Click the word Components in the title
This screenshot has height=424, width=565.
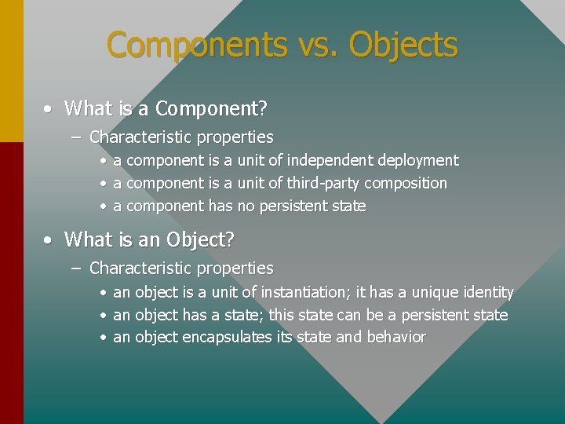pyautogui.click(x=196, y=45)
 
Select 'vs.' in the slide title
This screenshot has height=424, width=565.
pyautogui.click(x=318, y=46)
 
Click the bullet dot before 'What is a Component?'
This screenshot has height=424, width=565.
pyautogui.click(x=49, y=108)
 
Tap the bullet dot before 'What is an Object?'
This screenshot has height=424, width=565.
pyautogui.click(x=49, y=239)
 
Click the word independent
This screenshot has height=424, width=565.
pyautogui.click(x=330, y=160)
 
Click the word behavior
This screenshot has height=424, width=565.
pyautogui.click(x=396, y=338)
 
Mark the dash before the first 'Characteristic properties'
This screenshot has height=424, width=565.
pyautogui.click(x=75, y=137)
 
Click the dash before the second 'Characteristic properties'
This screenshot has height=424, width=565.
pyautogui.click(x=75, y=269)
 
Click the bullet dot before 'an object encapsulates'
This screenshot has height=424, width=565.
pyautogui.click(x=103, y=338)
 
